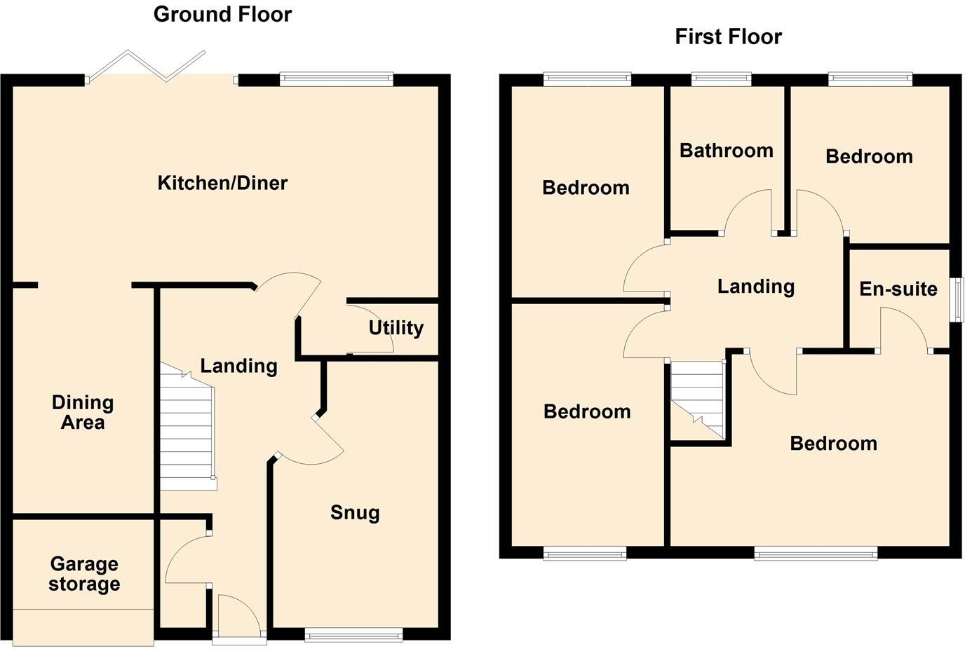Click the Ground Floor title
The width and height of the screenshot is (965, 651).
(222, 14)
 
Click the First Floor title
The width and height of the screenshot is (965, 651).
(728, 36)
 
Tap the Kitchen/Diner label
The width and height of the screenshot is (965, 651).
(222, 183)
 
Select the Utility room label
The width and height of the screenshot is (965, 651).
(396, 327)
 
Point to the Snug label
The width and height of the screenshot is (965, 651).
(355, 512)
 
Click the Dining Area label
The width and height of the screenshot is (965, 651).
(83, 412)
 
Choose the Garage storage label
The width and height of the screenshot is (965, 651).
(84, 574)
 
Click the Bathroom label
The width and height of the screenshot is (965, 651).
(726, 150)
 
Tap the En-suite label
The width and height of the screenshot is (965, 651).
(898, 289)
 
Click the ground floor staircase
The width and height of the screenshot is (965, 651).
(187, 427)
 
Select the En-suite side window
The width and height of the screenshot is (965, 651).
(957, 299)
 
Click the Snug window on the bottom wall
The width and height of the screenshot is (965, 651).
(353, 636)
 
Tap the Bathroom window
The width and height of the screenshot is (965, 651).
(722, 79)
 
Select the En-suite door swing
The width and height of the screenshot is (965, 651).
(905, 329)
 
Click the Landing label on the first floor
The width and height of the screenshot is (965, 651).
(755, 286)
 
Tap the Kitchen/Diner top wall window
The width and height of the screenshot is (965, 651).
(336, 79)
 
